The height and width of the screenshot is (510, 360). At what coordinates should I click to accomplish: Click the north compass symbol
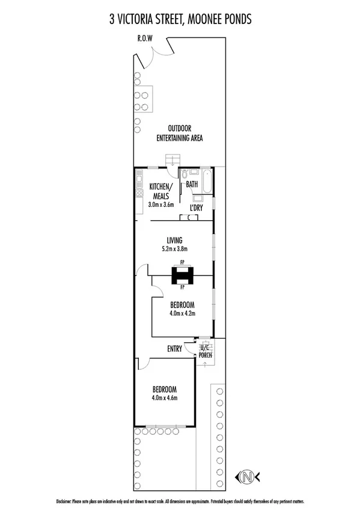point(247,477)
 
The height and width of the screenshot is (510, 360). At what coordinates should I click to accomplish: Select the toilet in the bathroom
point(186,174)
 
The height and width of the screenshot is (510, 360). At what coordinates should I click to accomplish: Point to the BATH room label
point(192,184)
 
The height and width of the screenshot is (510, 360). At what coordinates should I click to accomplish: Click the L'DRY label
point(196,207)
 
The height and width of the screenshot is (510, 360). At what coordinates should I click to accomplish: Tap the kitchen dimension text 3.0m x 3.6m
point(160,204)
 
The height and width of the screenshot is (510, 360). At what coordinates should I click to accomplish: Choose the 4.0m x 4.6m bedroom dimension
point(164,398)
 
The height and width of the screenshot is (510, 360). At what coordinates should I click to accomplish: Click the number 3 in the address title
point(112,20)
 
